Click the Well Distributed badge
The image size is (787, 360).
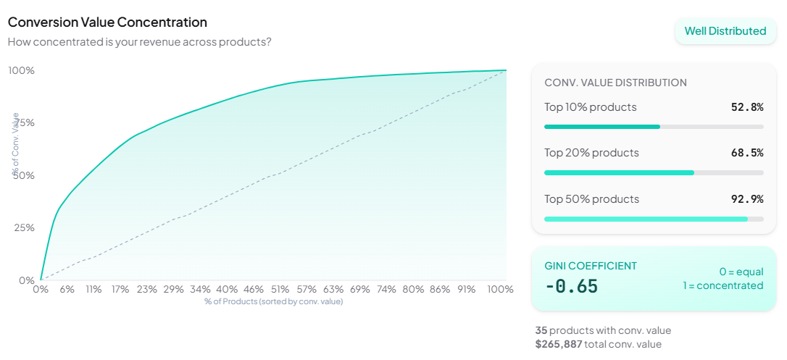(x=725, y=31)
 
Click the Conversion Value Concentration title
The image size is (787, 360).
(x=107, y=22)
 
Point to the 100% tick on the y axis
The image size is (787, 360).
(x=22, y=70)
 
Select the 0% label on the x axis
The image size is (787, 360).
(x=41, y=289)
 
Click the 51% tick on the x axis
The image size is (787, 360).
(x=280, y=289)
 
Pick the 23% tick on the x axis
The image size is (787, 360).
(x=147, y=289)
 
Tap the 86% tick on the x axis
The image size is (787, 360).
(x=440, y=289)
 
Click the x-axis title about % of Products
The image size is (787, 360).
(x=273, y=301)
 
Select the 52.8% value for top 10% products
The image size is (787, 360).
(x=747, y=107)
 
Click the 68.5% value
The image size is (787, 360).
(x=747, y=153)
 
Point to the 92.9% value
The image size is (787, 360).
(x=747, y=199)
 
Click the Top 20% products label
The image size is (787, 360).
(x=591, y=153)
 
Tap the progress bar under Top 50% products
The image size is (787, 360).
(x=653, y=219)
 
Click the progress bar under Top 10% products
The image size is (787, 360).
(x=653, y=127)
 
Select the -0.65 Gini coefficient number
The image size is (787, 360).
(x=572, y=286)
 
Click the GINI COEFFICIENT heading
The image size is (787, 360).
(x=591, y=266)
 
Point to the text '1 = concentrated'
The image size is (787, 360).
(x=723, y=285)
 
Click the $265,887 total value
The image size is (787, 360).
(x=559, y=344)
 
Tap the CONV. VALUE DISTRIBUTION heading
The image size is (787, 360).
(x=615, y=83)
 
